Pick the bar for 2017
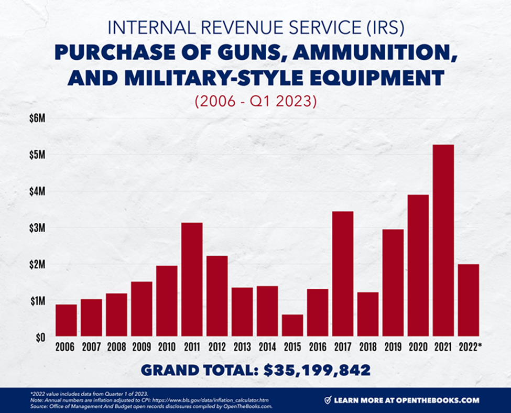[342, 273]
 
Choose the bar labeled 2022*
[468, 300]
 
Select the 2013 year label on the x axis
[242, 347]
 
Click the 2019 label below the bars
[393, 347]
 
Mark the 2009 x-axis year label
[142, 347]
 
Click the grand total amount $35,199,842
[318, 370]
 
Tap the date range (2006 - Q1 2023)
[256, 101]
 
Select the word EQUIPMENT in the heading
[376, 79]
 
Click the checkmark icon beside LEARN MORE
[328, 400]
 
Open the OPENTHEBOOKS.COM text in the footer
[438, 400]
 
